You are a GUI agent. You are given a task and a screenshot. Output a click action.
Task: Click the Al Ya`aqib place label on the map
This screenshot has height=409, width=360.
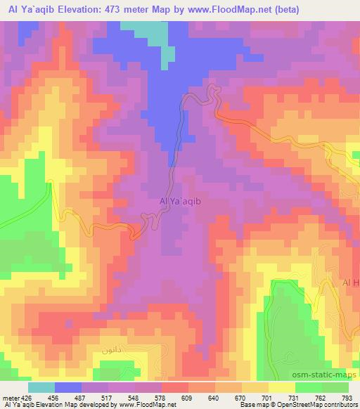[181, 201]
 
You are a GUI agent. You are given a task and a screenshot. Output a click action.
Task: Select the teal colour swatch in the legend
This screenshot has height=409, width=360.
[41, 387]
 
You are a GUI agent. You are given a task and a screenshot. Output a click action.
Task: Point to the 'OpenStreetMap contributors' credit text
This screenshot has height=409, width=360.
[317, 405]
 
